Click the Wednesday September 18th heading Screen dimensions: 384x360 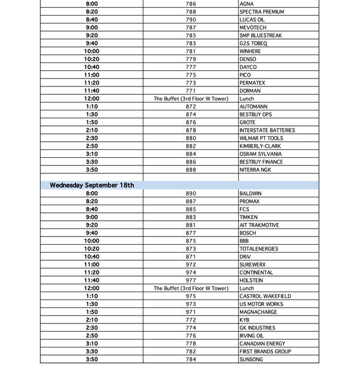(92, 185)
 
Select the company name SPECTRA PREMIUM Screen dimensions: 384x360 (262, 12)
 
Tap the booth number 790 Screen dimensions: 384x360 (191, 20)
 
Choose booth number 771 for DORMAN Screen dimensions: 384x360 (191, 91)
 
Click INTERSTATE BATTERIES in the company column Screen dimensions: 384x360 (267, 130)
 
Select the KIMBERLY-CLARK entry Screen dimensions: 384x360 (260, 146)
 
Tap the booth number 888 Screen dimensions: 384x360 (191, 170)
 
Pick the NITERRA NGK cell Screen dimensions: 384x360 (255, 170)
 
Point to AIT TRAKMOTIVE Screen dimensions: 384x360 (259, 225)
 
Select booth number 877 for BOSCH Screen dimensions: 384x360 (191, 233)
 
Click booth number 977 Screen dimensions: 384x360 (191, 280)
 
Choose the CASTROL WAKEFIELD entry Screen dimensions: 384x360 (265, 296)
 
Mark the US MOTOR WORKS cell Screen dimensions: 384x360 (261, 304)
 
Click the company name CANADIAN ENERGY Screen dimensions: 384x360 (263, 344)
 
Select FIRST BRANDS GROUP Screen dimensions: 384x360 (265, 352)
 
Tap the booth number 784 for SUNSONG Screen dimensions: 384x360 (191, 359)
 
